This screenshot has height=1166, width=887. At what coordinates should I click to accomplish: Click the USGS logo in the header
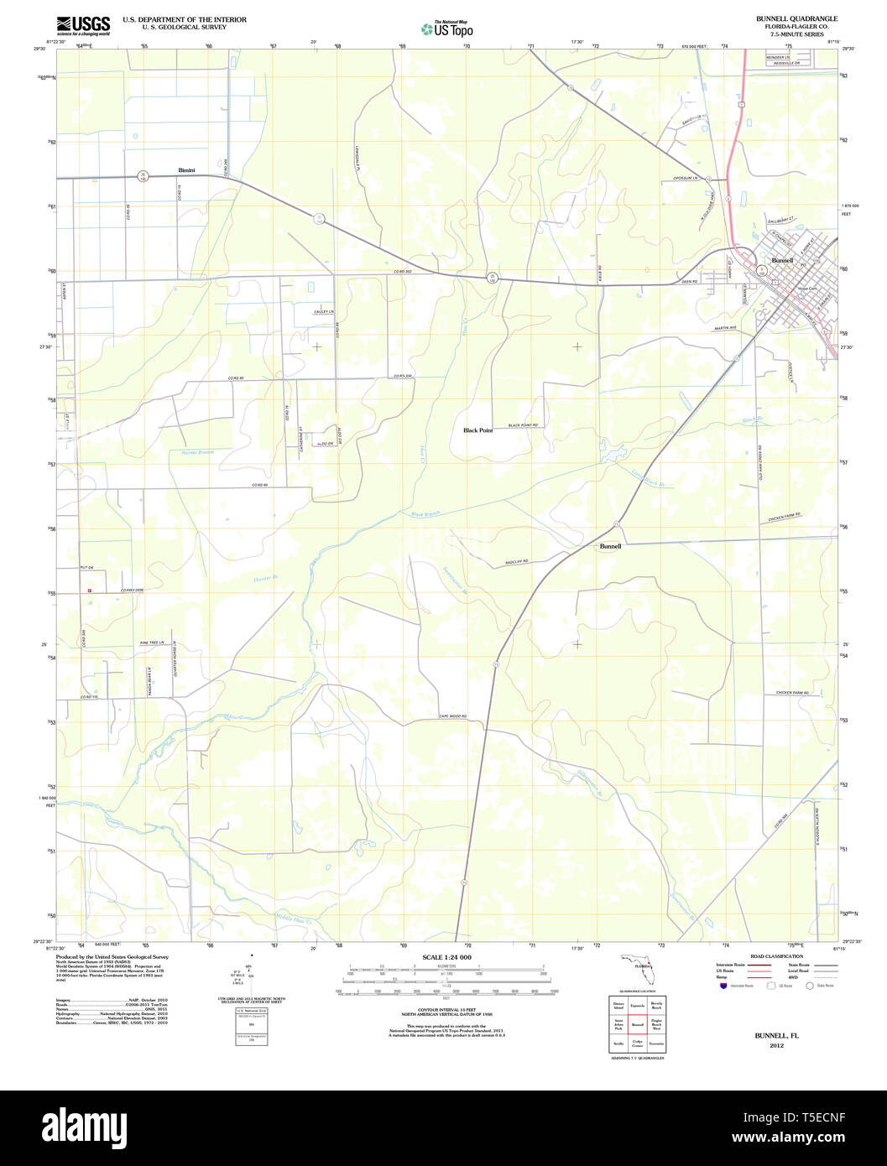pyautogui.click(x=83, y=25)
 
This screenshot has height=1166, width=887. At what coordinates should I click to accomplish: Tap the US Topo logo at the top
pyautogui.click(x=446, y=29)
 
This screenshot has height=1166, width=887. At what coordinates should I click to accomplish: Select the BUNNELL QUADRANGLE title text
pyautogui.click(x=785, y=18)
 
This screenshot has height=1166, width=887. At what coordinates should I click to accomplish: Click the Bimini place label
pyautogui.click(x=186, y=170)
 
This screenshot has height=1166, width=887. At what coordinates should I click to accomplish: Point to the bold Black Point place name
pyautogui.click(x=477, y=429)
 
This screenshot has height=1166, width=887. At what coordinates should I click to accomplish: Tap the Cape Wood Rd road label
pyautogui.click(x=451, y=716)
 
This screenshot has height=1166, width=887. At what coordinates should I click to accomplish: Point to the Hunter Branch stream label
pyautogui.click(x=198, y=452)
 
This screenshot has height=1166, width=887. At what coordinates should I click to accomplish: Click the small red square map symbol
pyautogui.click(x=88, y=591)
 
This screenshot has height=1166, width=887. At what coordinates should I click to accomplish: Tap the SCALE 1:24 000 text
pyautogui.click(x=446, y=957)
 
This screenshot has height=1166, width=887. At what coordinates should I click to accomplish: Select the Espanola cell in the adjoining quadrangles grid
pyautogui.click(x=638, y=1004)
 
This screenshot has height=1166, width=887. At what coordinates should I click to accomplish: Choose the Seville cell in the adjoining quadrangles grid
pyautogui.click(x=618, y=1044)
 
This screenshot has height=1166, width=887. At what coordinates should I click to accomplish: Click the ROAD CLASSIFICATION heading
pyautogui.click(x=776, y=956)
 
